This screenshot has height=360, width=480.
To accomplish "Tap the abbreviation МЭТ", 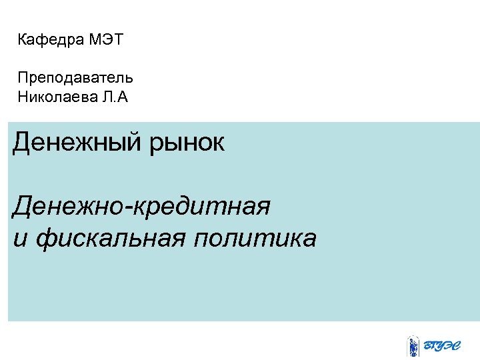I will (105, 40).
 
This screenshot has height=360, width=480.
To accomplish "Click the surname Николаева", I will (56, 99).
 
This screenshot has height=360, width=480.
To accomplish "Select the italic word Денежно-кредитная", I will (141, 207).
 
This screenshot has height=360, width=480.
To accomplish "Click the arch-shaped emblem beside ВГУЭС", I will (413, 345).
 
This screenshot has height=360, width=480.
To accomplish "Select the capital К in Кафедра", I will (23, 40).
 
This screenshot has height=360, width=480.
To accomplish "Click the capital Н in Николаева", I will (23, 99).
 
